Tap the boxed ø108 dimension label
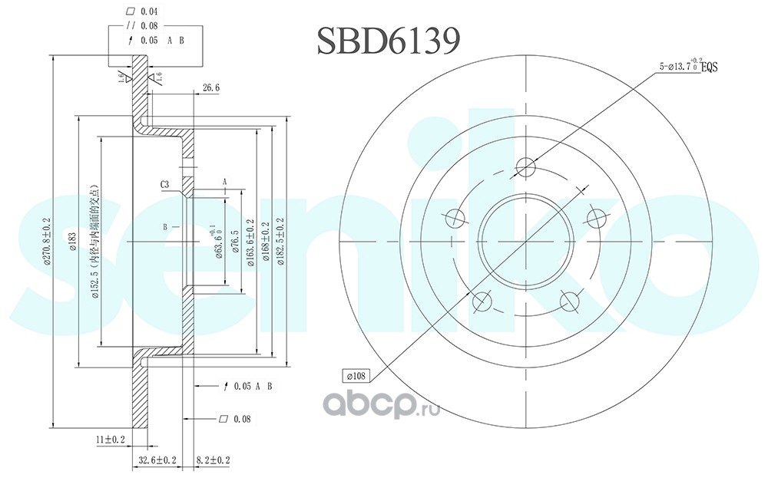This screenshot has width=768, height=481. point(359,376)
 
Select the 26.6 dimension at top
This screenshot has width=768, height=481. point(211,88)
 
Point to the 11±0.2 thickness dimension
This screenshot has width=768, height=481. point(111,440)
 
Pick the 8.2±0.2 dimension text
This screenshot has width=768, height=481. point(213,460)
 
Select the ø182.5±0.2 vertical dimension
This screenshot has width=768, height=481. point(280,241)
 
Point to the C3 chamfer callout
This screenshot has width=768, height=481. point(164,184)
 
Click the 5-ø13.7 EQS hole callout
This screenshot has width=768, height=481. point(687,68)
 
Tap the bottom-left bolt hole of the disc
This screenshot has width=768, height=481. point(482,300)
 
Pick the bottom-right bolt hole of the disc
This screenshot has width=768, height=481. point(570,300)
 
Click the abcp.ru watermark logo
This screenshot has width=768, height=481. point(379,404)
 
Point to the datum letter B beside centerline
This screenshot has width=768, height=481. point(165,227)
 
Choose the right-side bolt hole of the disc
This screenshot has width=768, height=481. point(597,216)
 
